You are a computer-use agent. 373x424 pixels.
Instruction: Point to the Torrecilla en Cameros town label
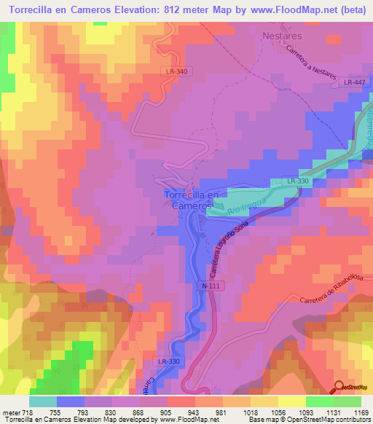pyautogui.click(x=191, y=200)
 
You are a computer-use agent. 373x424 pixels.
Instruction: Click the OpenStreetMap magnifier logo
pyautogui.click(x=339, y=386)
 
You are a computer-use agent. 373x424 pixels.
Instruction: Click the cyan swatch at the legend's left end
pyautogui.click(x=43, y=401)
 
